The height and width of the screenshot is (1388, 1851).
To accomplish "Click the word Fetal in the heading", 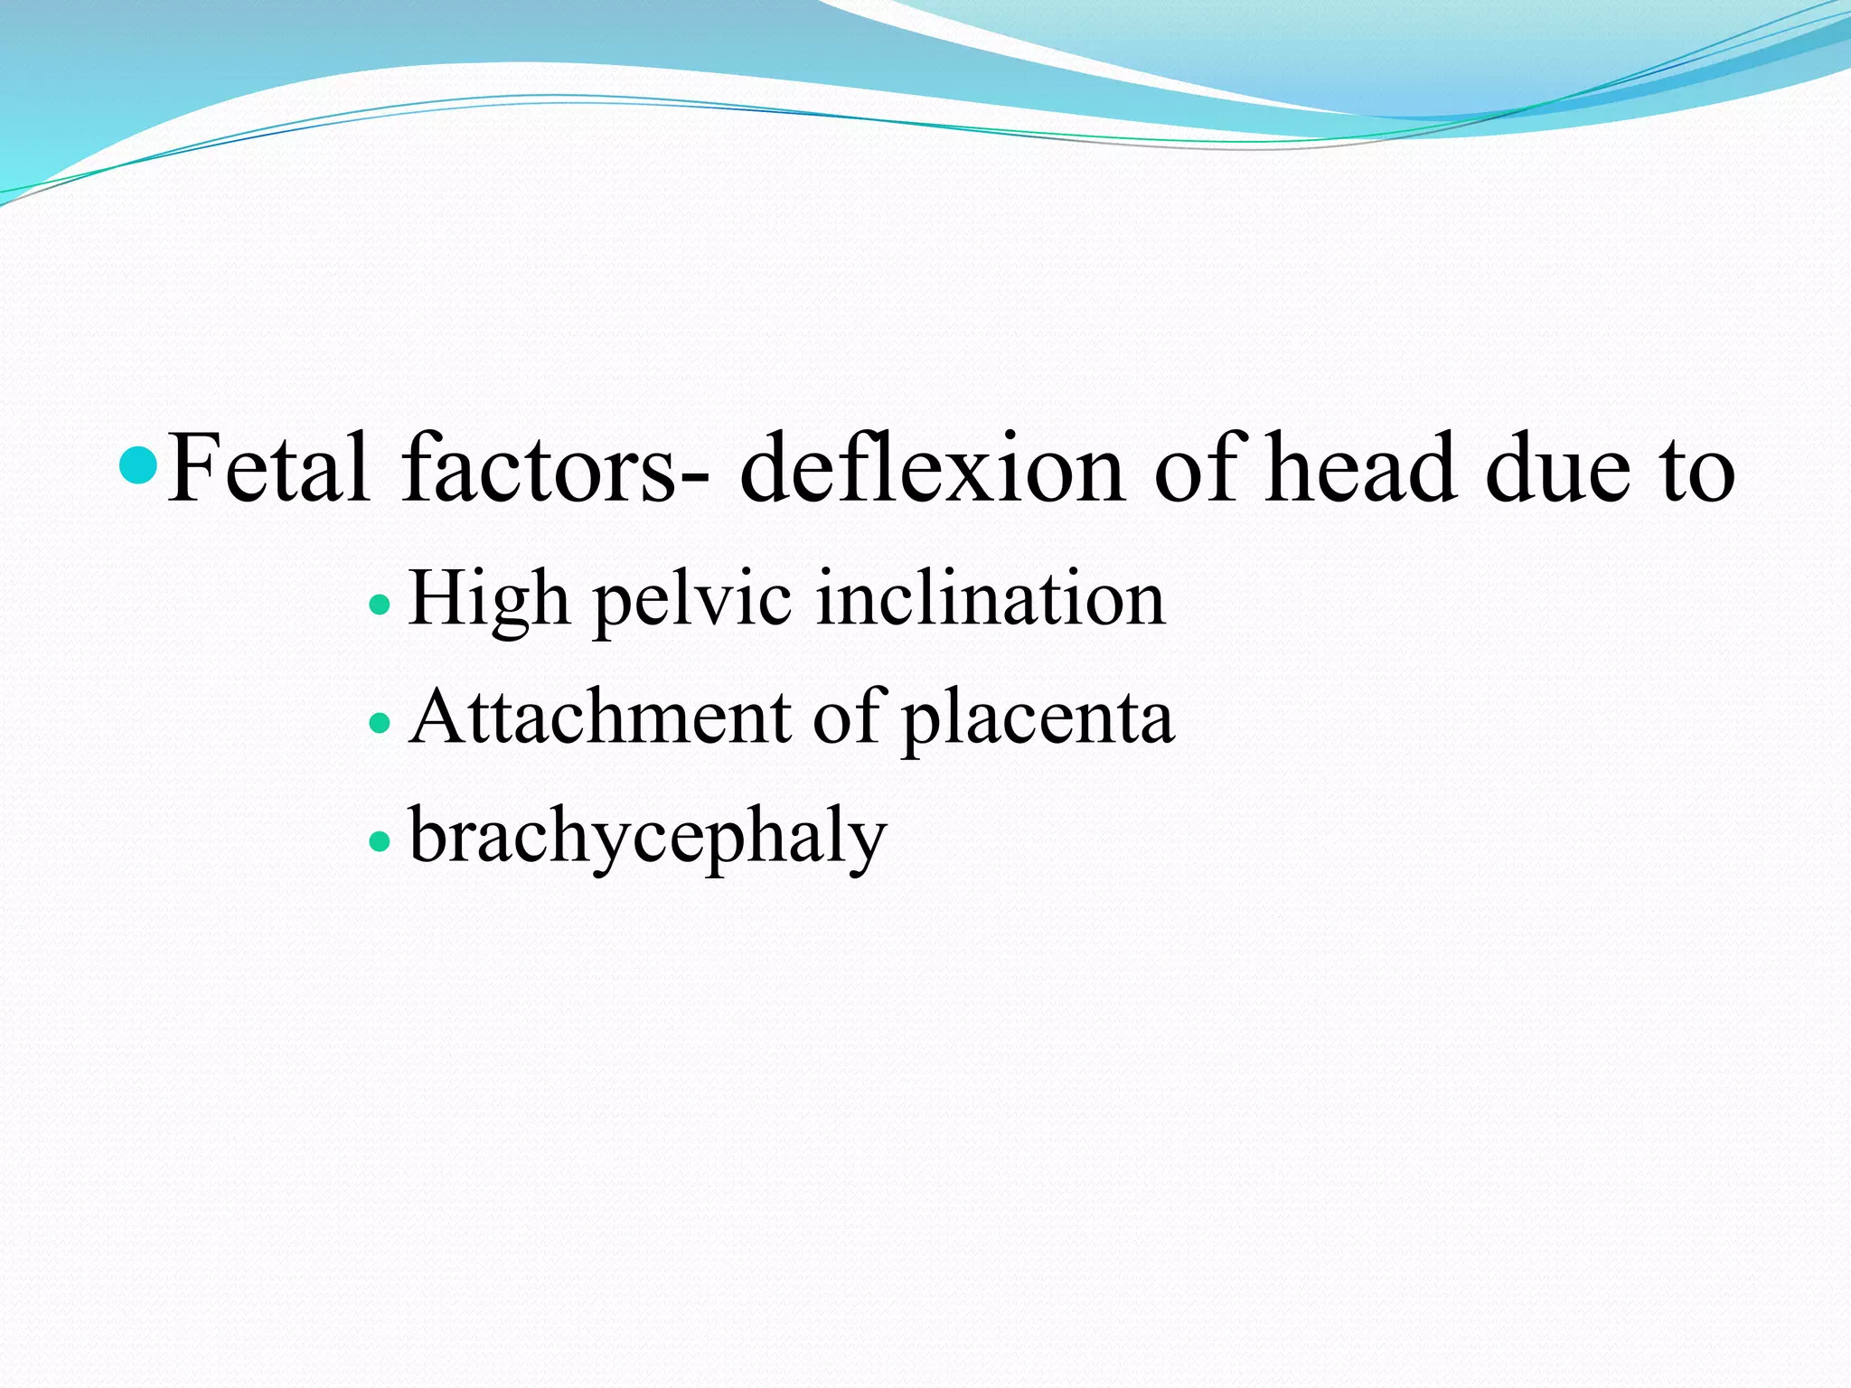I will pyautogui.click(x=268, y=468).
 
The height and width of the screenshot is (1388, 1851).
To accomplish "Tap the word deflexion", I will pyautogui.click(x=932, y=468).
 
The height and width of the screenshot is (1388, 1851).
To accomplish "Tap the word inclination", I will pyautogui.click(x=991, y=598).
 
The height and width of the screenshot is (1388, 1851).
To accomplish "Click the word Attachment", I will pyautogui.click(x=600, y=717).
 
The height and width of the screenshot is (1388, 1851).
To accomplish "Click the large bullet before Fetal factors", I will pyautogui.click(x=139, y=465).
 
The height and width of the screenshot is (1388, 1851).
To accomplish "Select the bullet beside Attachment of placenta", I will pyautogui.click(x=381, y=723).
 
